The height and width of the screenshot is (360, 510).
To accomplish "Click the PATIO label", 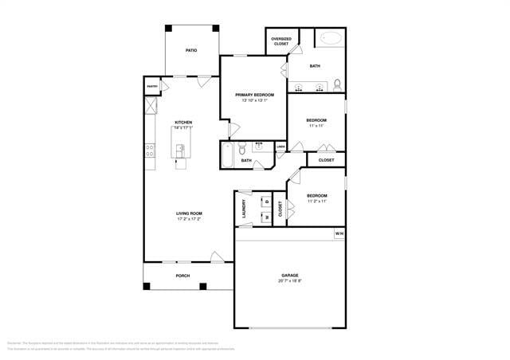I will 191,50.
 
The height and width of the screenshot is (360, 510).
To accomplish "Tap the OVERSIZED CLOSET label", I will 281,41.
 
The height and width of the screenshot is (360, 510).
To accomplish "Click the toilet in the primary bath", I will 338,84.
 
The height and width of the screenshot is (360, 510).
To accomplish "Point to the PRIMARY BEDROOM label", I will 254,95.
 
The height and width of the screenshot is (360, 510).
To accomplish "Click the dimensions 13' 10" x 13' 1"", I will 254,100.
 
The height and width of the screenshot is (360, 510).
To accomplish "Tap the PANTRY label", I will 151,86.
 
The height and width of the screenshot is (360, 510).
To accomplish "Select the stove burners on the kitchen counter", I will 149,148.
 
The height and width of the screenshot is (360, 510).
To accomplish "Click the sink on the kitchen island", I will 181,149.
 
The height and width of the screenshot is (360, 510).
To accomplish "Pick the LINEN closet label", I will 280,147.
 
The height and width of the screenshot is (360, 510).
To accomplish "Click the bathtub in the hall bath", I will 228,155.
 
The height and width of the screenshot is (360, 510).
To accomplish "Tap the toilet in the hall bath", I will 242,147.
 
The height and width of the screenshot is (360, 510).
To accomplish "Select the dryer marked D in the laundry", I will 267,202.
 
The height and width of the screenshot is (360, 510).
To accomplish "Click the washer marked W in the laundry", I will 267,216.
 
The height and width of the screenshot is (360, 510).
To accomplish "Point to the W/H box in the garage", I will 339,234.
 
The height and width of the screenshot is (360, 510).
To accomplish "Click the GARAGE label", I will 289,276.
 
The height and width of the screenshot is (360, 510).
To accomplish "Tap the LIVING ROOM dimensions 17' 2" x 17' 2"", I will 189,219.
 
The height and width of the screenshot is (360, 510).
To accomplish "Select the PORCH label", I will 182,276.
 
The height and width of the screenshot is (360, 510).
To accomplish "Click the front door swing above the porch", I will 216,256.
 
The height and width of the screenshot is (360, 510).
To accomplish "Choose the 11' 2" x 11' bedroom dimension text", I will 316,201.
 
